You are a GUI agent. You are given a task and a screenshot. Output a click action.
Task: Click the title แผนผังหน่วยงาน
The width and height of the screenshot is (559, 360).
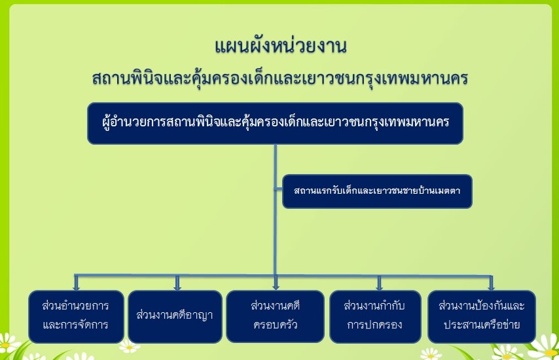click(281, 46)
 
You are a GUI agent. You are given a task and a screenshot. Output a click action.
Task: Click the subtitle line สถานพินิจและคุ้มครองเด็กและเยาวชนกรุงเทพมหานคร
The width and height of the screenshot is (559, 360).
click(280, 79)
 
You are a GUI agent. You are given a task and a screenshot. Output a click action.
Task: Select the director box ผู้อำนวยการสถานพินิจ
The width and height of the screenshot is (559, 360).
click(275, 123)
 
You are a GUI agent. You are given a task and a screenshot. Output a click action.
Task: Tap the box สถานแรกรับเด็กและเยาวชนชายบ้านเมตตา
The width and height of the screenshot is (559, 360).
click(377, 191)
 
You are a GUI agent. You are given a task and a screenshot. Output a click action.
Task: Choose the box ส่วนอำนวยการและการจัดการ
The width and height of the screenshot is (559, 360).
click(77, 317)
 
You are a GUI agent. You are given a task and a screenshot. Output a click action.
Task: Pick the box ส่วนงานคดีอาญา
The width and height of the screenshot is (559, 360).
click(175, 317)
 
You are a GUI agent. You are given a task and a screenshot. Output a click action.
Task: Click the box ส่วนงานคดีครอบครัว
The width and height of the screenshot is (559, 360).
click(275, 317)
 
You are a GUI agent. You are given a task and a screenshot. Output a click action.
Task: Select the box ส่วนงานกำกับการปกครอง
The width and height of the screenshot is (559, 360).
click(376, 317)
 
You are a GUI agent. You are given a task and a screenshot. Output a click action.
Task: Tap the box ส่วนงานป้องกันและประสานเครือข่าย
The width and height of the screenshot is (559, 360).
click(482, 317)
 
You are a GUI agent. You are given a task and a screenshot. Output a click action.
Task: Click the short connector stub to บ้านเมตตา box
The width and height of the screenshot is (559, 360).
click(278, 189)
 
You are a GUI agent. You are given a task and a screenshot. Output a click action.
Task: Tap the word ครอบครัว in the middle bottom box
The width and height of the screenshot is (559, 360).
click(275, 325)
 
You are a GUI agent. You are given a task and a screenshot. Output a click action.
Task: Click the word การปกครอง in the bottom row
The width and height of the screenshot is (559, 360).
click(374, 325)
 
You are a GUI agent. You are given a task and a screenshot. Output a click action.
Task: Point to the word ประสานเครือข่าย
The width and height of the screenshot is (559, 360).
click(482, 325)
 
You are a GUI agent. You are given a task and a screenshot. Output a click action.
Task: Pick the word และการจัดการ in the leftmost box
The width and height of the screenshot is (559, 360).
click(75, 325)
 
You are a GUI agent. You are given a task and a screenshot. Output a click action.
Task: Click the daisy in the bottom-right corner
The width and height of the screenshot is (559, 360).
click(545, 347)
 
